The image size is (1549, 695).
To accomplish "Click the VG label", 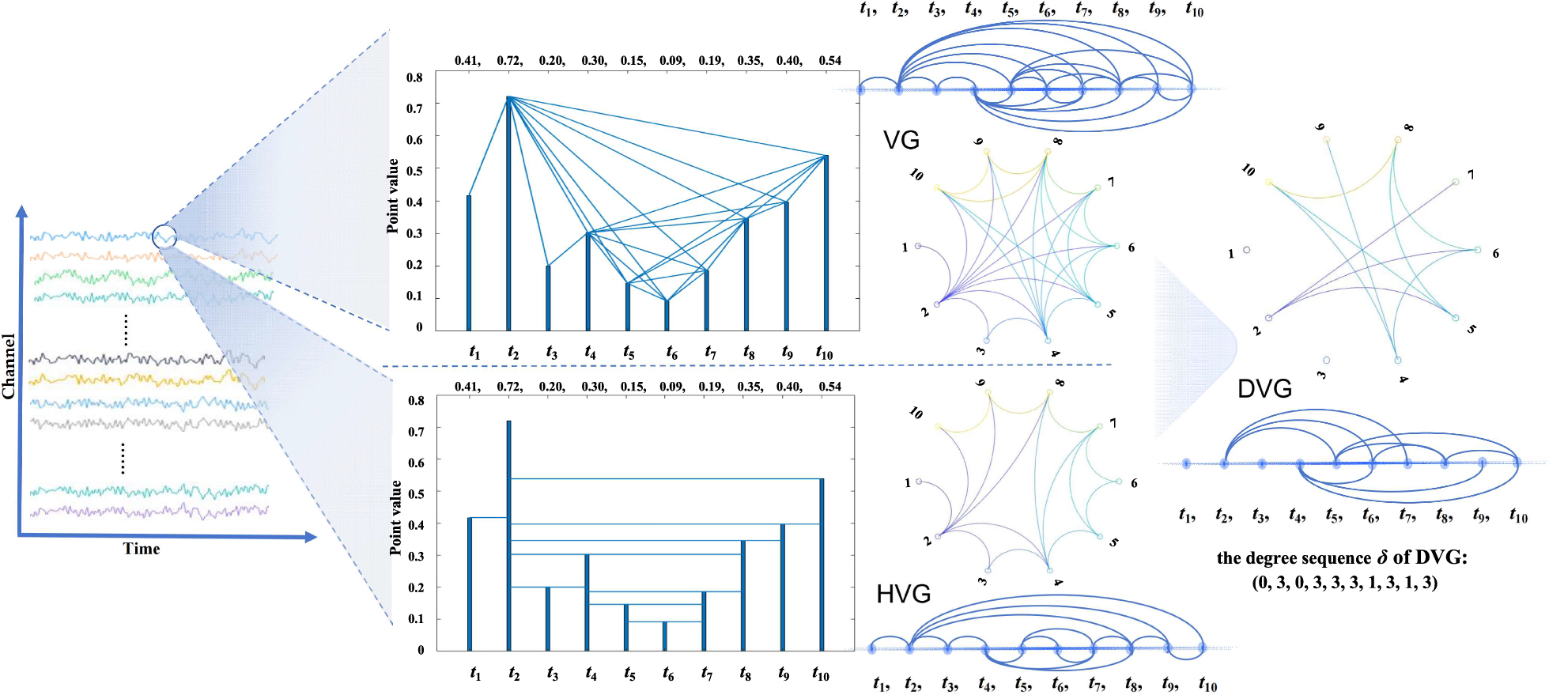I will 901,141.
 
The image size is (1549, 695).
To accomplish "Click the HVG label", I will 903,594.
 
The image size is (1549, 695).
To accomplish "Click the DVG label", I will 1264,389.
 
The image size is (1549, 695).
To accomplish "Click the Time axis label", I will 142,549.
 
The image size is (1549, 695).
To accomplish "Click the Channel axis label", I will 9,365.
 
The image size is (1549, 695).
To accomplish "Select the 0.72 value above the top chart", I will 509,61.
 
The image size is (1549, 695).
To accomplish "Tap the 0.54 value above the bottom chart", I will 829,387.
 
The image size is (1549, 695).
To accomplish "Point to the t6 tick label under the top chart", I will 671,353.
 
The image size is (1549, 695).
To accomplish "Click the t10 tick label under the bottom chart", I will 821,674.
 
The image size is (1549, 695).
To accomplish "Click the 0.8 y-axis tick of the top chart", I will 414,77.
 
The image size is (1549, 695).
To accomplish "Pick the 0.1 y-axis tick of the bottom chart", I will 416,619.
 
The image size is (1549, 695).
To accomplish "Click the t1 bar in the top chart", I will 469,263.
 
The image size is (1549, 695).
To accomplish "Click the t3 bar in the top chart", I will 548,298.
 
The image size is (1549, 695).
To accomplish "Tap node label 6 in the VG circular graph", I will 1132,247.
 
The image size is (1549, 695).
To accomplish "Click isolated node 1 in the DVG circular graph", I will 1246,250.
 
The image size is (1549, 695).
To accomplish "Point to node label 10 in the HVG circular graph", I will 916,413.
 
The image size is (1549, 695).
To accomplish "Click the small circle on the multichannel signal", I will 164,236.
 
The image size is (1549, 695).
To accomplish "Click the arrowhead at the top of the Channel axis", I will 21,211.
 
